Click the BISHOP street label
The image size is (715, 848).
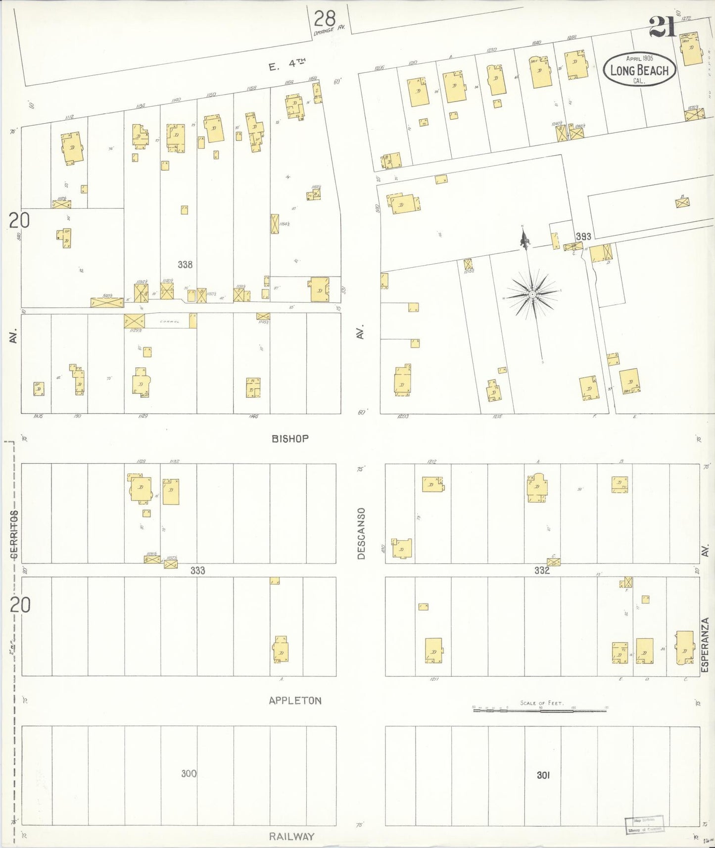point(290,438)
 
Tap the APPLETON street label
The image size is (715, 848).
point(295,700)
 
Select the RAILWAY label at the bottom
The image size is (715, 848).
point(291,837)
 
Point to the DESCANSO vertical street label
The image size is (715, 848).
point(361,533)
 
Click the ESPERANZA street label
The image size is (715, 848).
point(705,645)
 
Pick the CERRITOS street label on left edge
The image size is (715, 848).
point(14,534)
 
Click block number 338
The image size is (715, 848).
point(185,265)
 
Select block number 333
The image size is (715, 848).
point(197,570)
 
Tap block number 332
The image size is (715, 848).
point(542,570)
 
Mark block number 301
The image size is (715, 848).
point(543,775)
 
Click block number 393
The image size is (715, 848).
point(583,236)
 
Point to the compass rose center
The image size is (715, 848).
point(532,295)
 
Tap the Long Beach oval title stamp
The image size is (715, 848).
point(639,70)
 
